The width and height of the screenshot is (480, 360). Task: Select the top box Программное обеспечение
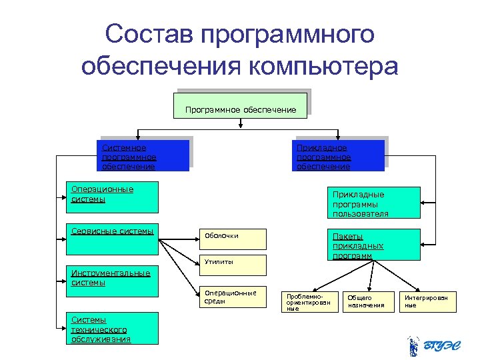click(x=240, y=106)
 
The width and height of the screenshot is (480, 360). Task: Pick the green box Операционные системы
click(x=112, y=196)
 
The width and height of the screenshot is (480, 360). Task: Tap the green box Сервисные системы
click(x=112, y=239)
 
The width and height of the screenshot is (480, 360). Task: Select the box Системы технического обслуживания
click(x=112, y=328)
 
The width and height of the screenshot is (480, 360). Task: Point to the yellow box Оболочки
click(x=233, y=238)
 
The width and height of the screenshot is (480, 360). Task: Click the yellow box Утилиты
click(x=233, y=264)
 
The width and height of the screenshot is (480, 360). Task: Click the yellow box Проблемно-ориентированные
click(x=308, y=302)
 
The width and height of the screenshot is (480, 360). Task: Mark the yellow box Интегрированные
click(x=427, y=302)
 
